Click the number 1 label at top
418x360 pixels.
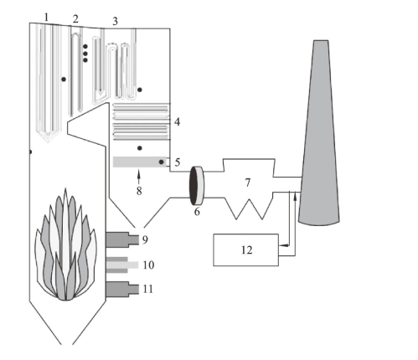[x=46, y=18]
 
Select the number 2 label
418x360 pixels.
[x=75, y=19]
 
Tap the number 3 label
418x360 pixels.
[x=115, y=21]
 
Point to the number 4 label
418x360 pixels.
[x=177, y=122]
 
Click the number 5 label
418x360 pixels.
[x=178, y=162]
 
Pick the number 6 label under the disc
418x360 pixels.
[x=197, y=212]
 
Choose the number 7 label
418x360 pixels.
[x=248, y=183]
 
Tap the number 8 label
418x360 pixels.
[x=139, y=191]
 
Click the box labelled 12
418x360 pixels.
[x=246, y=249]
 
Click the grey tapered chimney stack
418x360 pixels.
[x=319, y=133]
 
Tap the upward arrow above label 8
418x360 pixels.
[x=139, y=177]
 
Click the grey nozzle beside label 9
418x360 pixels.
[x=122, y=239]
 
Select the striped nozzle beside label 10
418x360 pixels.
[x=122, y=265]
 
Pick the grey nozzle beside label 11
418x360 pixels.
[x=122, y=289]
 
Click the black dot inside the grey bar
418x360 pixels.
[x=161, y=162]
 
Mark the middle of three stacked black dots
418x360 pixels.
[x=85, y=54]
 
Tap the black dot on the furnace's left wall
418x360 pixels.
[x=30, y=152]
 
